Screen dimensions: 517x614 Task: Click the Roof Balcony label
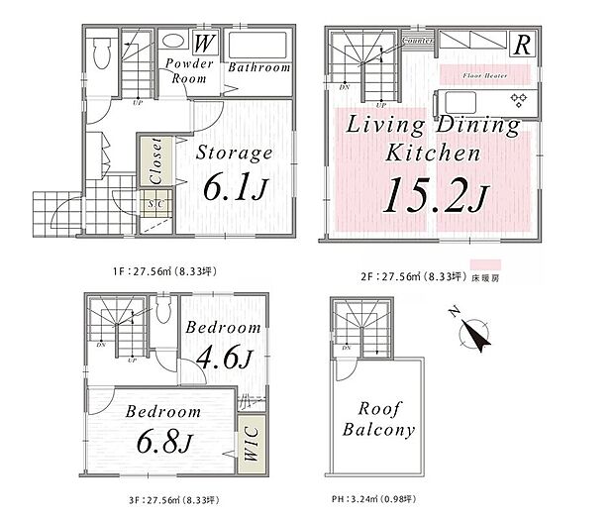pos(378,419)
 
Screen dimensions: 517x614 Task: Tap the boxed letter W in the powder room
pos(204,44)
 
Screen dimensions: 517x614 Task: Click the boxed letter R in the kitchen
pos(520,44)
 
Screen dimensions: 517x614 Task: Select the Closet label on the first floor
pos(154,159)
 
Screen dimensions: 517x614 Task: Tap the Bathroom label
pos(259,68)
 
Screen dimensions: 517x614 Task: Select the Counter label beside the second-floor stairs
pos(417,41)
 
